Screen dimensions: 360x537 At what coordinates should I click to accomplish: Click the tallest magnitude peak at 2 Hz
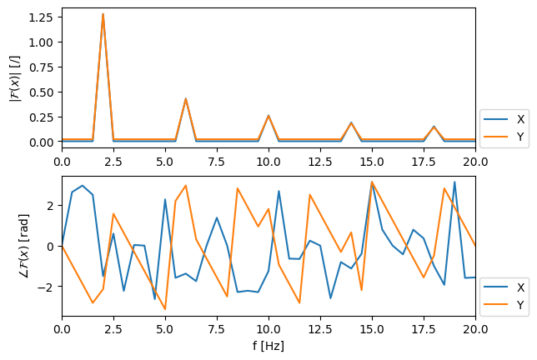click(103, 14)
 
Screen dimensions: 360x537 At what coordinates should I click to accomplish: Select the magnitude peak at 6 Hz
click(186, 98)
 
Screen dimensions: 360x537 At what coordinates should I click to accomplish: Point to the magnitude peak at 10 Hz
click(268, 115)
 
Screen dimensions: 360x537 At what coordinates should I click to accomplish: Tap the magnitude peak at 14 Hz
click(351, 122)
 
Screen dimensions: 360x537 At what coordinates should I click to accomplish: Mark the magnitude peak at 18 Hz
click(434, 127)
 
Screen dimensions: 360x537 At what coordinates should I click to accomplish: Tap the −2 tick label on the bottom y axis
click(48, 287)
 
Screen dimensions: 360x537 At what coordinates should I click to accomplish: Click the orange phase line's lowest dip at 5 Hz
click(165, 309)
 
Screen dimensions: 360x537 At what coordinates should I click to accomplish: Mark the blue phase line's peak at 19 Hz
click(454, 182)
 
